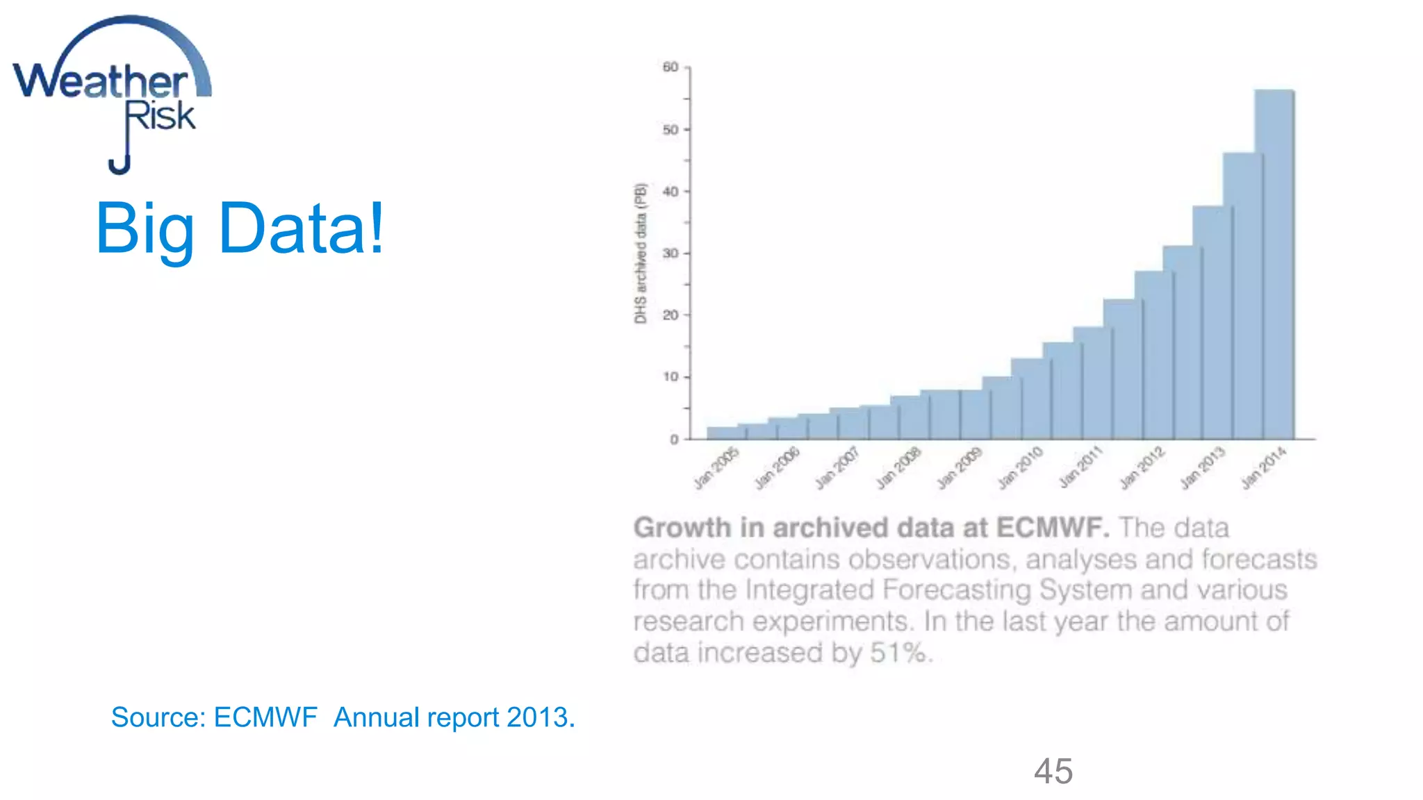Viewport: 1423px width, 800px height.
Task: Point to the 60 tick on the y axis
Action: click(671, 67)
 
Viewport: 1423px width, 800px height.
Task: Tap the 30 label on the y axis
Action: click(671, 253)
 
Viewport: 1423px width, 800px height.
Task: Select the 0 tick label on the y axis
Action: click(674, 440)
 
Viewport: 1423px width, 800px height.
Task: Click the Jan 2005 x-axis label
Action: click(716, 469)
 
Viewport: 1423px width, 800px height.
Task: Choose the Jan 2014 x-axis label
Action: click(1264, 469)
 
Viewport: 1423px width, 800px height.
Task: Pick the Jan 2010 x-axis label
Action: click(1020, 469)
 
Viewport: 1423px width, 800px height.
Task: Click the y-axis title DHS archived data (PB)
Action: click(641, 253)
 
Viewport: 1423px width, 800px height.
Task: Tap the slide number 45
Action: click(1053, 772)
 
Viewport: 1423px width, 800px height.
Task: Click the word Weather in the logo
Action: click(101, 82)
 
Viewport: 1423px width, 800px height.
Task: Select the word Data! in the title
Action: click(301, 228)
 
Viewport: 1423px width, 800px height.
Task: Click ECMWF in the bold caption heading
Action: click(1052, 528)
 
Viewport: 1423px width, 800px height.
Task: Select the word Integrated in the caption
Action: click(809, 590)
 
